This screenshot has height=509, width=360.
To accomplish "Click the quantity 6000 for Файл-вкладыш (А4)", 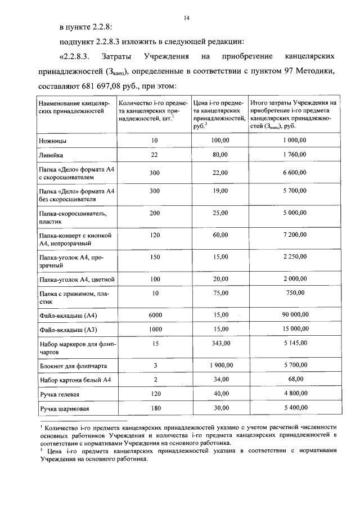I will [155, 315].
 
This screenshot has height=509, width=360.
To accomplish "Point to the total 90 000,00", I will [294, 314].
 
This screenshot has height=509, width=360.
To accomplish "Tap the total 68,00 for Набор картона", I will [294, 380].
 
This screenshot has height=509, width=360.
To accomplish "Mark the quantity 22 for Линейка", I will [155, 154].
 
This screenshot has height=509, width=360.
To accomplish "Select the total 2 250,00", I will [294, 256].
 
